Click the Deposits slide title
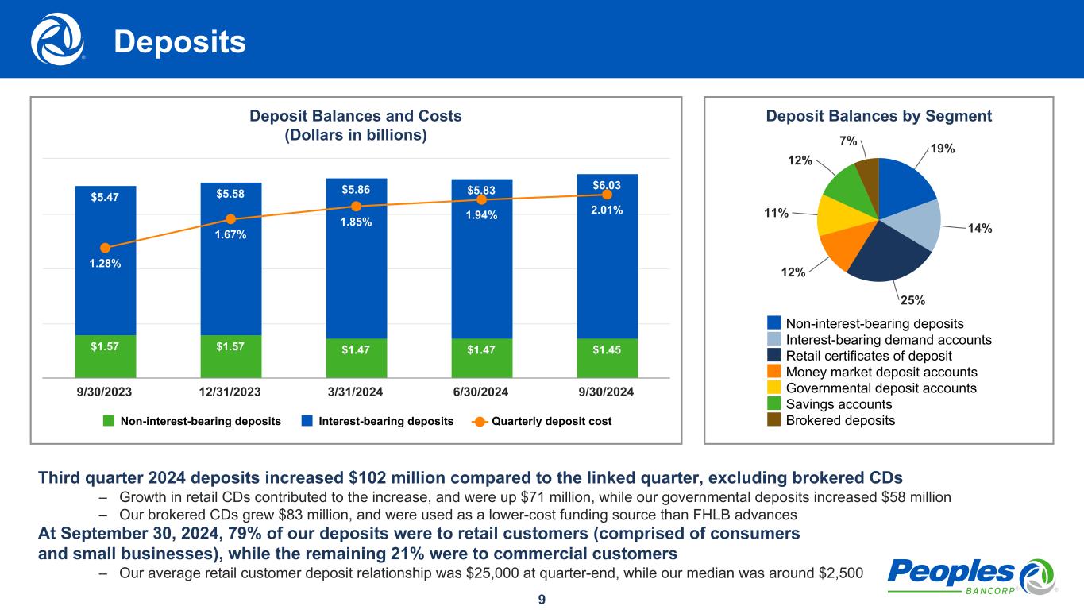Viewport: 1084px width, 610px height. click(179, 43)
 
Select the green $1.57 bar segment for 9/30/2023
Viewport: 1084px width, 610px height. click(106, 356)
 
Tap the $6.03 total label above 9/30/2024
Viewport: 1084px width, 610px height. click(607, 184)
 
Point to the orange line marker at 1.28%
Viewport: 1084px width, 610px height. click(106, 247)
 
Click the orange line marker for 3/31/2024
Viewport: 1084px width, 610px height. click(357, 206)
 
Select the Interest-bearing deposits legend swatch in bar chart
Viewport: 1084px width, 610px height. click(307, 421)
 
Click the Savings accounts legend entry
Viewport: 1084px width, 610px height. click(839, 404)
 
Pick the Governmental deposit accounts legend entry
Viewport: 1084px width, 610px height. click(881, 388)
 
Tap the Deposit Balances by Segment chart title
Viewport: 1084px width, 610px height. click(878, 116)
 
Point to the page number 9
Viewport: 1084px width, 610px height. click(542, 600)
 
